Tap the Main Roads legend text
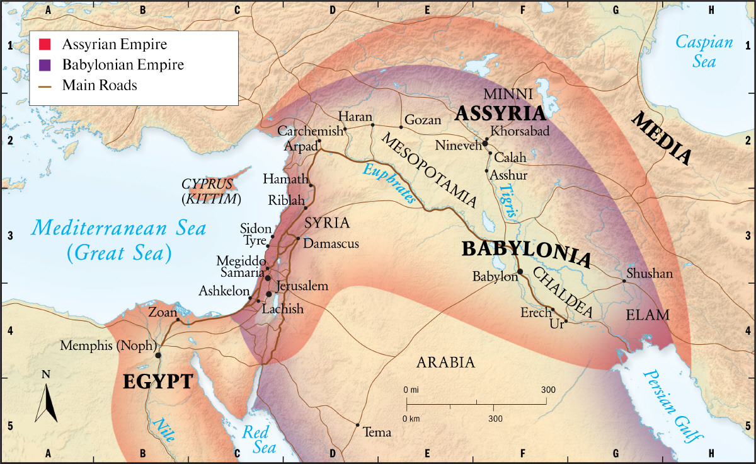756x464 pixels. [100, 85]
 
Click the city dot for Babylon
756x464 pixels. [520, 272]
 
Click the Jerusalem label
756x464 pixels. [302, 286]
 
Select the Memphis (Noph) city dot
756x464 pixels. [158, 355]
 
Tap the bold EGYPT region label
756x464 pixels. [157, 382]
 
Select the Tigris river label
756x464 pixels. [508, 201]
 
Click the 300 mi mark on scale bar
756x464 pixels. [547, 390]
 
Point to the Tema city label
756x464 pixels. [378, 432]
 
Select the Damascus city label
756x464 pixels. [331, 243]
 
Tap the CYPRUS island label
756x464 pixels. [208, 185]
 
